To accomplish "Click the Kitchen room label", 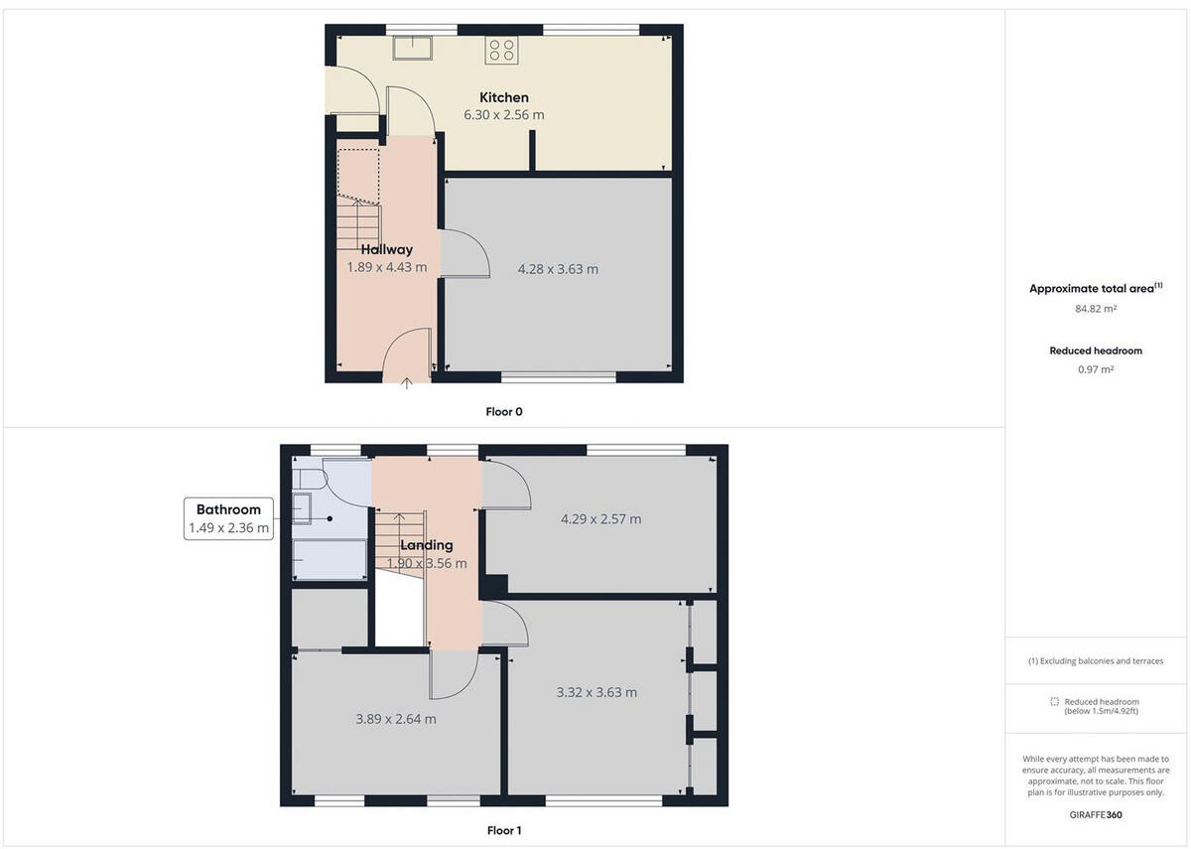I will (x=504, y=97).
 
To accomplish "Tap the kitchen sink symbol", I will (x=408, y=48).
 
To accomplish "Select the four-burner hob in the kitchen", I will (x=500, y=49).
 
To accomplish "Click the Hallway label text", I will (x=386, y=249).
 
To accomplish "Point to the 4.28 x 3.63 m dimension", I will (x=559, y=268).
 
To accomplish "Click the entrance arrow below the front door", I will (x=407, y=383).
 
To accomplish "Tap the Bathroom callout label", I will (x=228, y=509).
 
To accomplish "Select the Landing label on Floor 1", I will (x=427, y=545).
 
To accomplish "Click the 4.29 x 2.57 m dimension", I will (x=600, y=518).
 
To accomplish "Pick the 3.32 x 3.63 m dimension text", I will (x=596, y=692).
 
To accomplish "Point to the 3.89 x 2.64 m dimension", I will (x=395, y=719).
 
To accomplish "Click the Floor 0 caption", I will (x=504, y=411).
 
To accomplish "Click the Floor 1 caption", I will (x=504, y=830).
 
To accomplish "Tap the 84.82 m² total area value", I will (x=1096, y=309).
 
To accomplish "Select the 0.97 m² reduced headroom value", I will (x=1096, y=369).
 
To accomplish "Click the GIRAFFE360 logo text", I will (x=1096, y=814).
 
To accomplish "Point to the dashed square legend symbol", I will (x=1055, y=701).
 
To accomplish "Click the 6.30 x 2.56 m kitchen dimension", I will (x=504, y=115).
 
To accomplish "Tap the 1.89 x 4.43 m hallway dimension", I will (x=386, y=267).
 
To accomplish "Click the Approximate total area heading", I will (x=1092, y=289).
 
